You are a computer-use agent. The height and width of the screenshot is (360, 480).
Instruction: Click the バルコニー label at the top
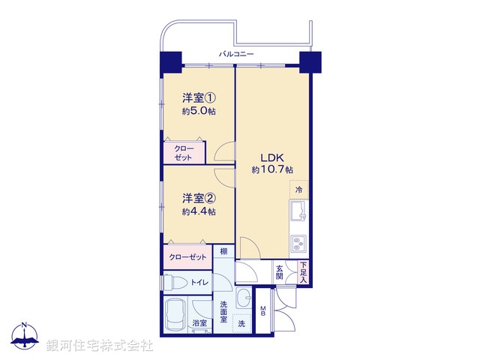tap(237, 54)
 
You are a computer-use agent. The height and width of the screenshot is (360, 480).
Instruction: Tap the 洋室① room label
tap(199, 98)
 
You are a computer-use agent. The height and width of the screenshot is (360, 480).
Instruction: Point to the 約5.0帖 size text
tap(199, 111)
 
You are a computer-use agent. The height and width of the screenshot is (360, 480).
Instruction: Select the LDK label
tap(271, 157)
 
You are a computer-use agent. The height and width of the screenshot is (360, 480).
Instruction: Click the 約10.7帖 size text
tap(271, 170)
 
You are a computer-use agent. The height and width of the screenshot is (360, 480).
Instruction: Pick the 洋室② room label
tap(199, 199)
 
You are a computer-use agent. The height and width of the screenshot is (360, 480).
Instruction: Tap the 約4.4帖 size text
tap(199, 211)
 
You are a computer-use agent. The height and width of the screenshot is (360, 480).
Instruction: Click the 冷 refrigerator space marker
tap(298, 189)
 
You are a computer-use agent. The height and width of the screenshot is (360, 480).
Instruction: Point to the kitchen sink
tap(298, 212)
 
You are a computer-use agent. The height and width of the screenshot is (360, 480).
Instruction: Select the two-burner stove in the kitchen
tap(298, 244)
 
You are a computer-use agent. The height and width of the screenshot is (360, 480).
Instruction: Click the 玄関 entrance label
tap(279, 272)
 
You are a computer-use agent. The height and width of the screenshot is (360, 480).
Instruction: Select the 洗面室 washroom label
tap(223, 312)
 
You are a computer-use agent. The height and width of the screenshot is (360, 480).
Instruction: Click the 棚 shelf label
tap(223, 251)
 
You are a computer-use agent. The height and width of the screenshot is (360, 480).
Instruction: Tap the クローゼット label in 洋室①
tap(184, 152)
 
